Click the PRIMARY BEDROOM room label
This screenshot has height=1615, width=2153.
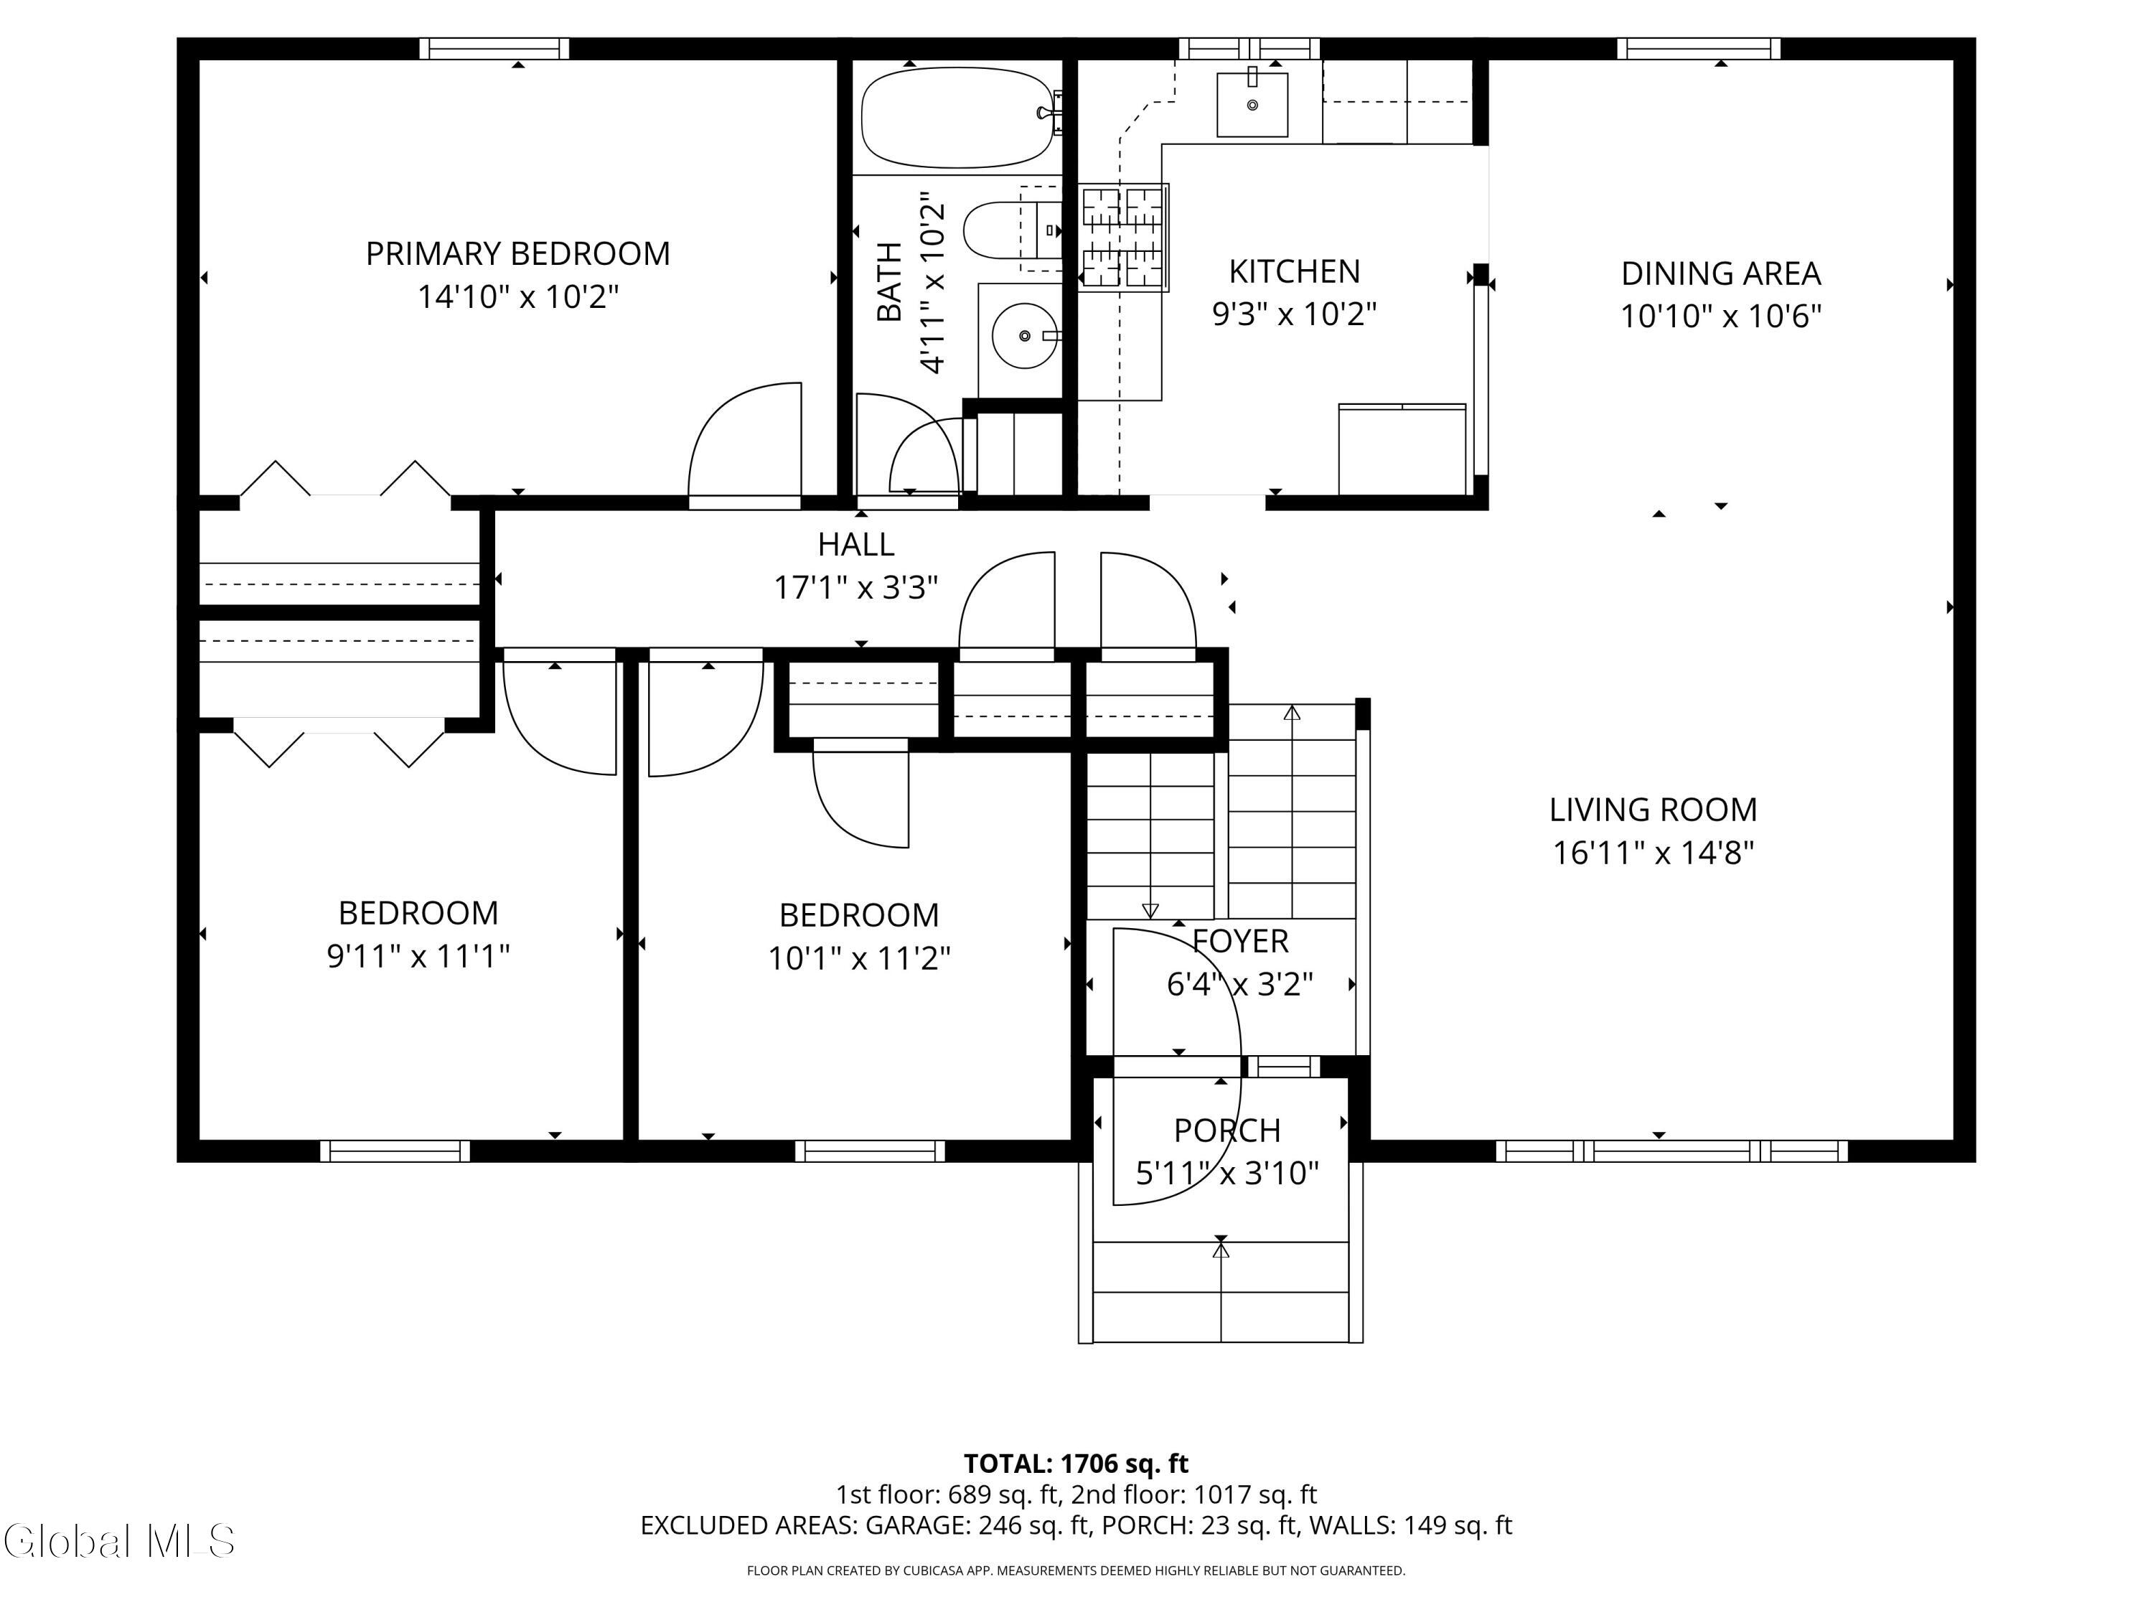point(518,254)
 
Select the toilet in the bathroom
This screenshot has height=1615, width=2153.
point(1012,230)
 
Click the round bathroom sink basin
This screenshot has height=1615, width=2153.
point(1024,336)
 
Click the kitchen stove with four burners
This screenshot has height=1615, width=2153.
point(1123,237)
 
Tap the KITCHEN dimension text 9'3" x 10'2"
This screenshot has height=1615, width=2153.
point(1295,314)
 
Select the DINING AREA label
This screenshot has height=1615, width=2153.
point(1721,273)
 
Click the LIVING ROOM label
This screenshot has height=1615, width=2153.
point(1653,810)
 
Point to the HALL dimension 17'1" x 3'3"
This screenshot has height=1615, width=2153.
point(855,588)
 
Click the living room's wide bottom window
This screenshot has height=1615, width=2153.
point(1671,1151)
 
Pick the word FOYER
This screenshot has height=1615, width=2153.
point(1240,941)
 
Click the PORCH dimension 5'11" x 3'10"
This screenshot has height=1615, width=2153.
point(1227,1173)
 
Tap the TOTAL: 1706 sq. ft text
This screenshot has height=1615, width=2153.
point(1076,1463)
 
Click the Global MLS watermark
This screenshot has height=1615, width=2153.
point(118,1541)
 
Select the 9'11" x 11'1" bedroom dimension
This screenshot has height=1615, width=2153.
point(418,956)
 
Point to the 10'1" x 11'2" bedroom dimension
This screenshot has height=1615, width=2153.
point(860,959)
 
